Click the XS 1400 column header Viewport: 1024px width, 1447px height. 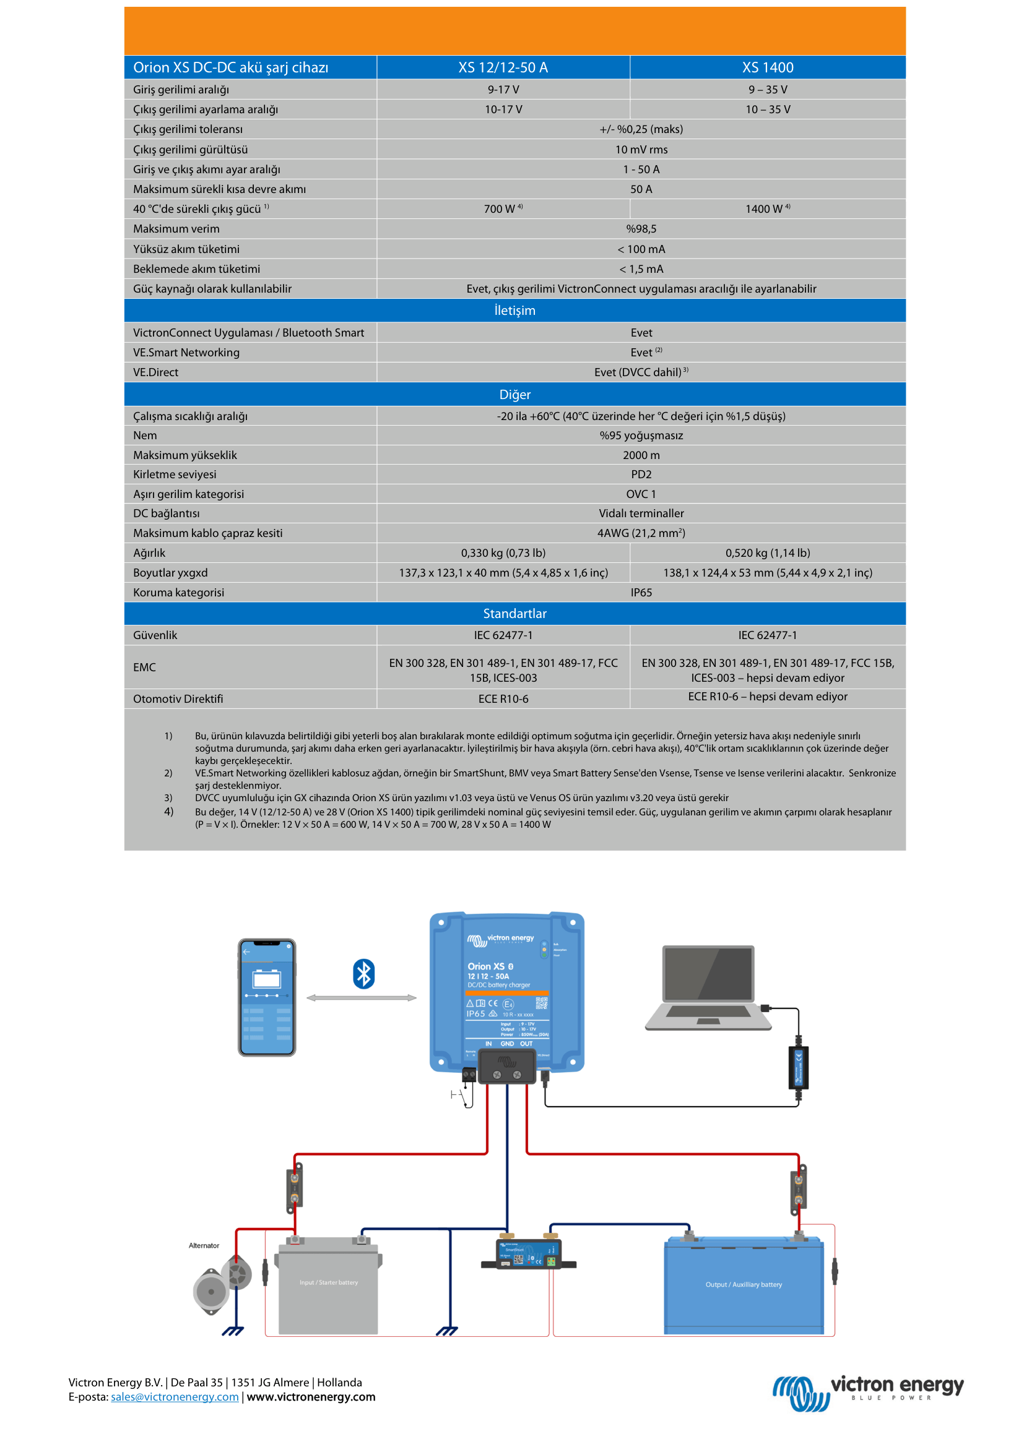tap(767, 67)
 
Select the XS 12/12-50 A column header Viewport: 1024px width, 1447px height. tap(503, 67)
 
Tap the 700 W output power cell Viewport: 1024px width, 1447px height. tap(503, 208)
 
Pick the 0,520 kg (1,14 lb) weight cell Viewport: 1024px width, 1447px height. tap(767, 552)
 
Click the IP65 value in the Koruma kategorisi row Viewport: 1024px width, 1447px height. tap(641, 593)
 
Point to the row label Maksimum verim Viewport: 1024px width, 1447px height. tap(176, 229)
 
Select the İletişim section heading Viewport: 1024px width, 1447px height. tap(514, 310)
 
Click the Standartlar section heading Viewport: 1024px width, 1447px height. tap(514, 613)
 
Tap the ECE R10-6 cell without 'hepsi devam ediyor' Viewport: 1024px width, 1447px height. tap(503, 698)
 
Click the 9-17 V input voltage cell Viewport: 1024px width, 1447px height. tap(503, 90)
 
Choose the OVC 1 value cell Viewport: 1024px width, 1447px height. tap(641, 494)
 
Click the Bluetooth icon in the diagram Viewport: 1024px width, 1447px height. tap(364, 974)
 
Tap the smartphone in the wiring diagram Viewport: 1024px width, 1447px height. tap(267, 997)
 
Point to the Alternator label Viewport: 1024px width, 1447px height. tap(204, 1245)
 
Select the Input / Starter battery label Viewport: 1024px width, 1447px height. tap(329, 1282)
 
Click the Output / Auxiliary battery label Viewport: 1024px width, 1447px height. tap(744, 1284)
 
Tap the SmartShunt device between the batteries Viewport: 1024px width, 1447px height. tap(528, 1255)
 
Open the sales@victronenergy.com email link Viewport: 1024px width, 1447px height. tap(175, 1397)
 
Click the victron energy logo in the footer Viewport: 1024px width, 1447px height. tap(867, 1393)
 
